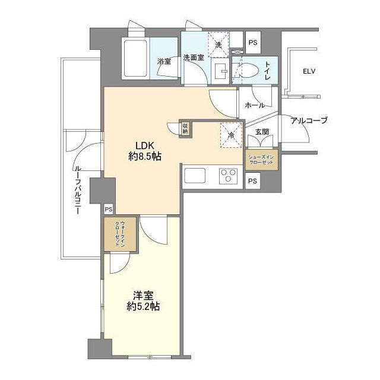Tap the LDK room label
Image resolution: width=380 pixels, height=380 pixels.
(144, 145)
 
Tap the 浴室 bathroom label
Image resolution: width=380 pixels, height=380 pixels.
(164, 61)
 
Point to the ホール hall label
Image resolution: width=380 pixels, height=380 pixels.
(254, 105)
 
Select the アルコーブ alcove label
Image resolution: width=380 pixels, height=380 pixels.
(309, 121)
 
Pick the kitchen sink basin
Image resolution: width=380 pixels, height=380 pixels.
(195, 176)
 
